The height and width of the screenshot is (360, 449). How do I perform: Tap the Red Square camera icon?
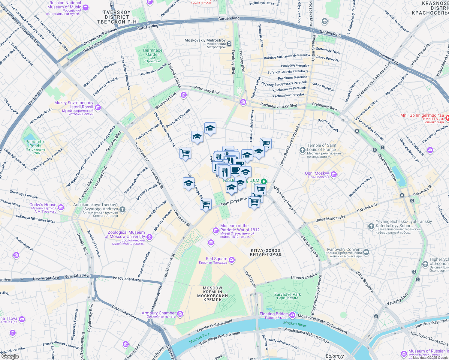point(231,260)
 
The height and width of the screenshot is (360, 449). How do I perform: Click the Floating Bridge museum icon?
point(292,315)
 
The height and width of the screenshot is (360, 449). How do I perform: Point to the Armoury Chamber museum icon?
point(180,314)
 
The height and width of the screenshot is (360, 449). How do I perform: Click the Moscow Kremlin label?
point(212,294)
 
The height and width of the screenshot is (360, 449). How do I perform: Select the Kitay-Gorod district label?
point(266,252)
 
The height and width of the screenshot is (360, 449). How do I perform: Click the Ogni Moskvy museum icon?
point(333,175)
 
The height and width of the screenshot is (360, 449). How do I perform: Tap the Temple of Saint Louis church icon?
point(303,150)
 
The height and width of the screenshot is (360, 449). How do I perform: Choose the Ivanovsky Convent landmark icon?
point(366,252)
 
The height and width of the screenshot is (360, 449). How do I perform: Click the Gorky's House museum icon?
point(61,207)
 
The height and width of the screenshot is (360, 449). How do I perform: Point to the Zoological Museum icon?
point(149,237)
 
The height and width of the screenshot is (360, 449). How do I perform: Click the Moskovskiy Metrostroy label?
point(205,40)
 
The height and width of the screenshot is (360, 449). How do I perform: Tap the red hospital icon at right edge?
point(447,118)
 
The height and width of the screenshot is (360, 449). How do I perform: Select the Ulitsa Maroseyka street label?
point(330,218)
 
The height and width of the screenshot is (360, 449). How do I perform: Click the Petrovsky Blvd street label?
point(207,90)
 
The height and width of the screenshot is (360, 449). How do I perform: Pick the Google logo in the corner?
point(10,356)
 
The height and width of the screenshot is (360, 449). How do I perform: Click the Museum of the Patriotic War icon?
point(215,230)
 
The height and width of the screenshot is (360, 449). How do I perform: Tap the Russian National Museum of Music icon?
point(86,7)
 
